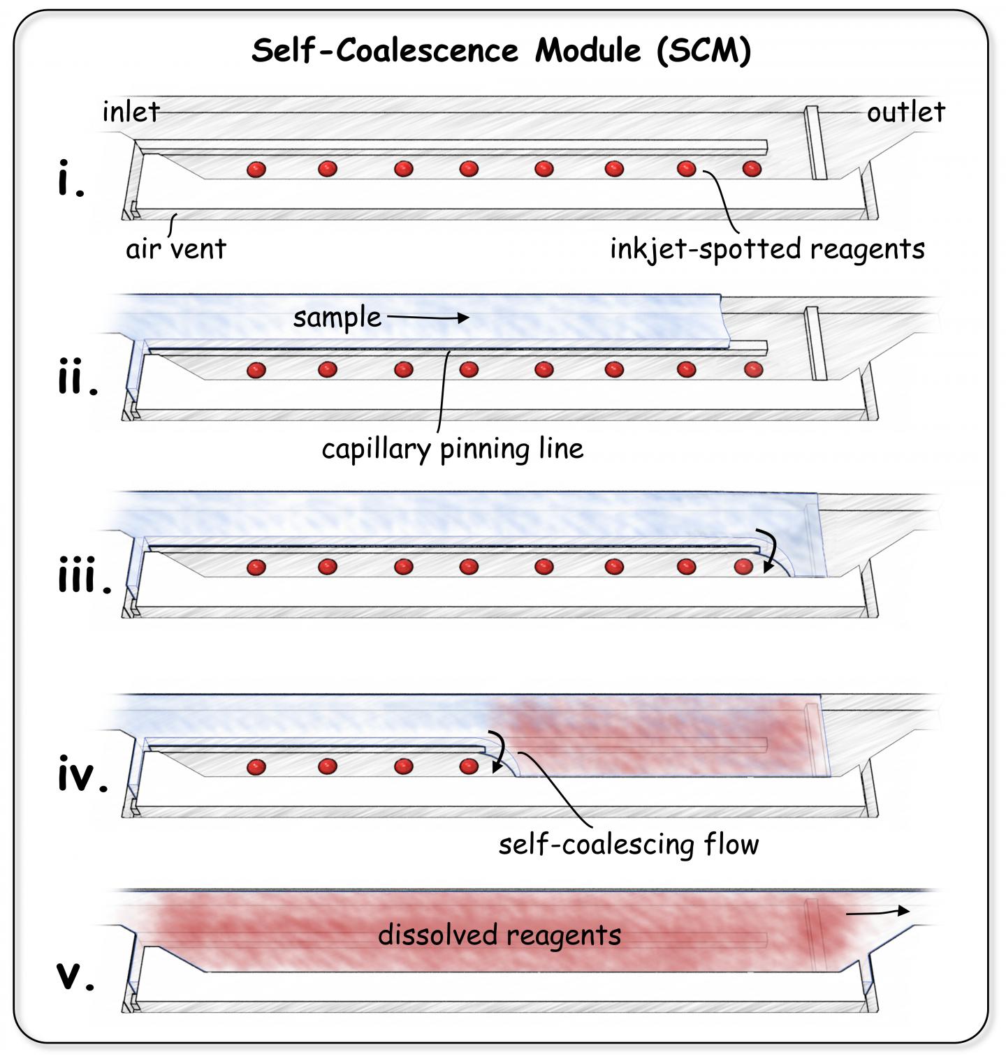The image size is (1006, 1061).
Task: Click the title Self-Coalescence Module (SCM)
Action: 501,51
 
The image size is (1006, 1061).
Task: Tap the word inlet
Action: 131,112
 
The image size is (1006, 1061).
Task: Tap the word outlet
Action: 906,112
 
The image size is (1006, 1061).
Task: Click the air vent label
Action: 176,248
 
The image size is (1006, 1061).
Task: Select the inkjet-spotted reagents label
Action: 767,248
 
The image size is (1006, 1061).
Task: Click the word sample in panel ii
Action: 337,318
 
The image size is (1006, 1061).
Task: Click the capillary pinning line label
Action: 452,448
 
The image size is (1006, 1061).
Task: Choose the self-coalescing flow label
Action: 628,845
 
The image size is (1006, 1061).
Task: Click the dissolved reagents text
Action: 500,935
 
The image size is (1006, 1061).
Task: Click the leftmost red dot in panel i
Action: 256,169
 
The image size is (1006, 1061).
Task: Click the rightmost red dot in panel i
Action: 752,168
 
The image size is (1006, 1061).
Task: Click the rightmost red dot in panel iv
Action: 469,767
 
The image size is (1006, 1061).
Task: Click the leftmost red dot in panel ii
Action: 256,370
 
